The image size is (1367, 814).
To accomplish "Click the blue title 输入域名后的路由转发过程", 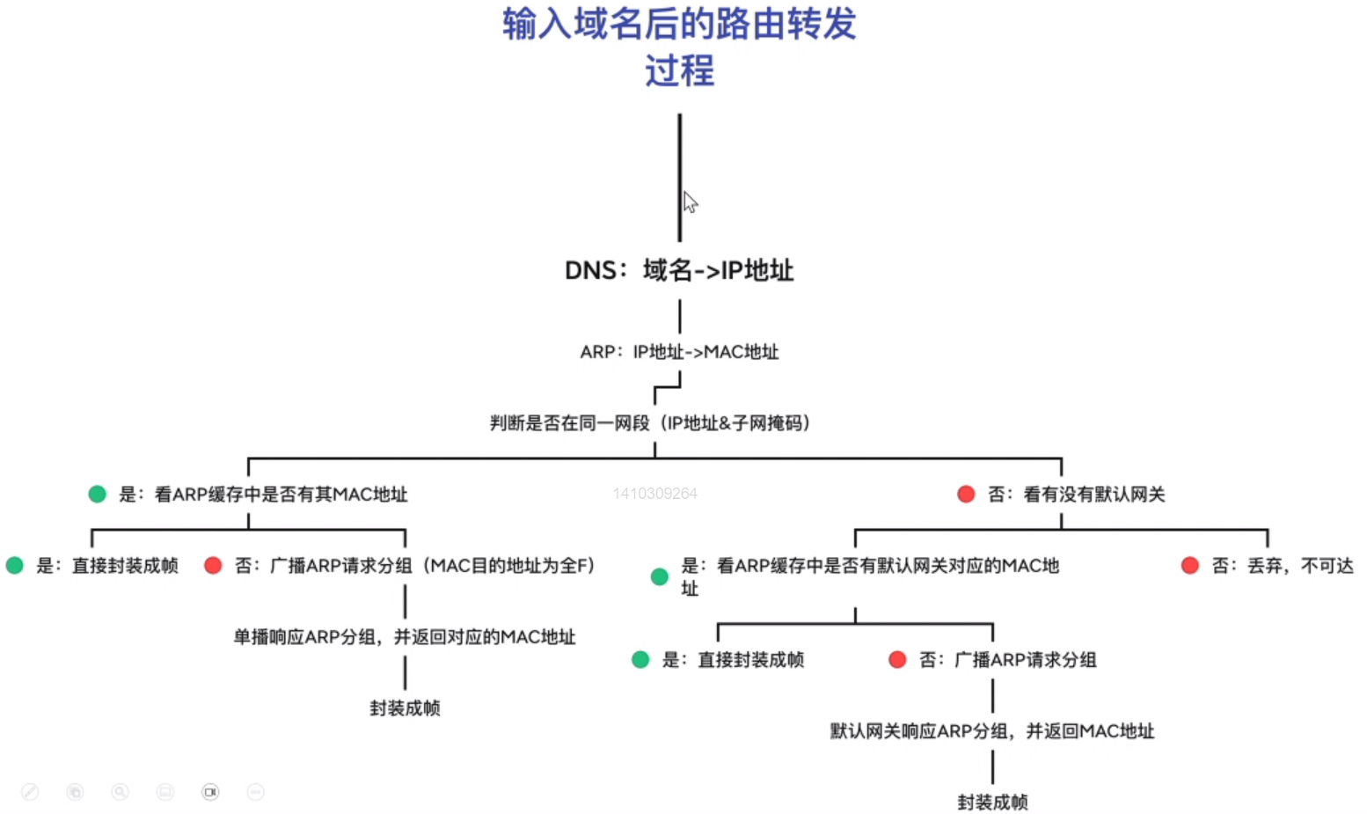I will [679, 47].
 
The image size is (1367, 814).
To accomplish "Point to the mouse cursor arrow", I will [690, 202].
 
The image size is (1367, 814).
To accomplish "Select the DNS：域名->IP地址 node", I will [679, 270].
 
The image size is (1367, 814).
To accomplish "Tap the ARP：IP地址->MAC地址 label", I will [679, 352].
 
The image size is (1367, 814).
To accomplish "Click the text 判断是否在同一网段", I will [569, 423].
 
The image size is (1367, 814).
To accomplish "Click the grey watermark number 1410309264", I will [655, 494].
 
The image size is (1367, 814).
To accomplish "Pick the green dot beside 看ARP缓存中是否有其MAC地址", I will [98, 495].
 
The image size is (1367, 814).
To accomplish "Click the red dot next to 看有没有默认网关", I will [966, 495].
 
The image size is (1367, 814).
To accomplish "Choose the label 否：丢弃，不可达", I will [1282, 566].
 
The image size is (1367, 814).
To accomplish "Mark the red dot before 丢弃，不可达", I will [1190, 566].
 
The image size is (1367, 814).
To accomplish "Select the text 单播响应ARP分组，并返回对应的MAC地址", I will [405, 637].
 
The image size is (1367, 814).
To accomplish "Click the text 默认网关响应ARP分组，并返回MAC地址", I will [992, 731].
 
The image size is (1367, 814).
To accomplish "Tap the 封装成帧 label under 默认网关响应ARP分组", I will [992, 802].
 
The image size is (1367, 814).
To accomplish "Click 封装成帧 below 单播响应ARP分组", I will [405, 708].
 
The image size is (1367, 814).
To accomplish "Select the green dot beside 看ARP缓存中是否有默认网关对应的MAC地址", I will [660, 577].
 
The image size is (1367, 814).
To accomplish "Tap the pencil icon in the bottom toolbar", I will [30, 792].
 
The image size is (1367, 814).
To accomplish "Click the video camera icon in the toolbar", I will [210, 792].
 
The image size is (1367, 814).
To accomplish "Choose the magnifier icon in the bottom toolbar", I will [120, 792].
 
